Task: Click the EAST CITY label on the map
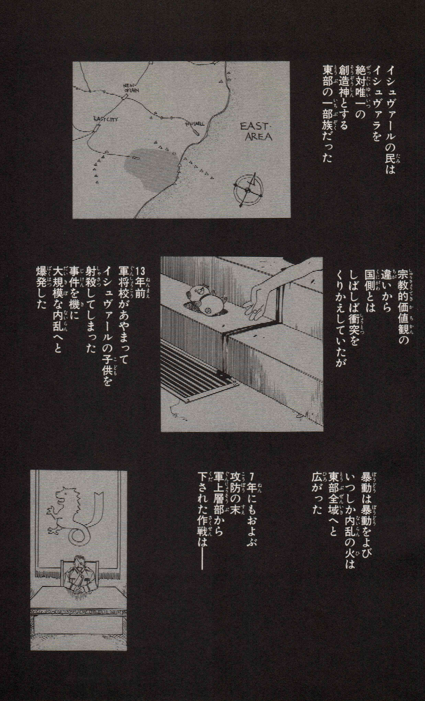pyautogui.click(x=106, y=120)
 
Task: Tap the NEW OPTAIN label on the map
pyautogui.click(x=131, y=88)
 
